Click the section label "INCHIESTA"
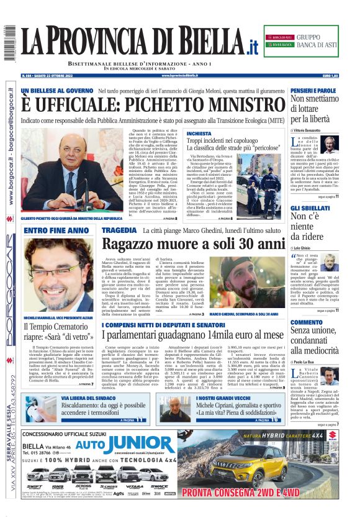pos(199,134)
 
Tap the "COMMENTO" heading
pos(307,322)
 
